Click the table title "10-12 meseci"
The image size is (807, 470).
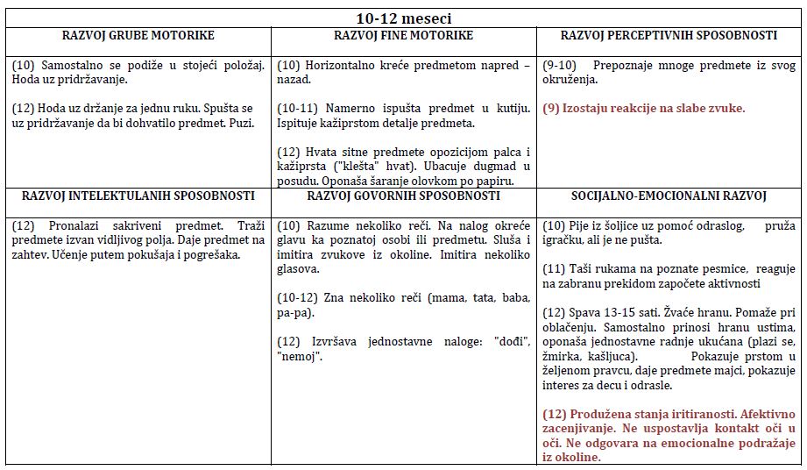404,18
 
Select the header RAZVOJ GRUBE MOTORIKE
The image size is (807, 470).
138,36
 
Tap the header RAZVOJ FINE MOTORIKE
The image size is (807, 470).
403,36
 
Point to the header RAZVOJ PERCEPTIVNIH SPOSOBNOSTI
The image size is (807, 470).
669,36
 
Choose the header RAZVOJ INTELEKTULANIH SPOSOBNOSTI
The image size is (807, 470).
138,196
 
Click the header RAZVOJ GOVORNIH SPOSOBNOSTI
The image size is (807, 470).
403,196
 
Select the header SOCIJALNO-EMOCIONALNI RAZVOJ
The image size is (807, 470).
669,196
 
